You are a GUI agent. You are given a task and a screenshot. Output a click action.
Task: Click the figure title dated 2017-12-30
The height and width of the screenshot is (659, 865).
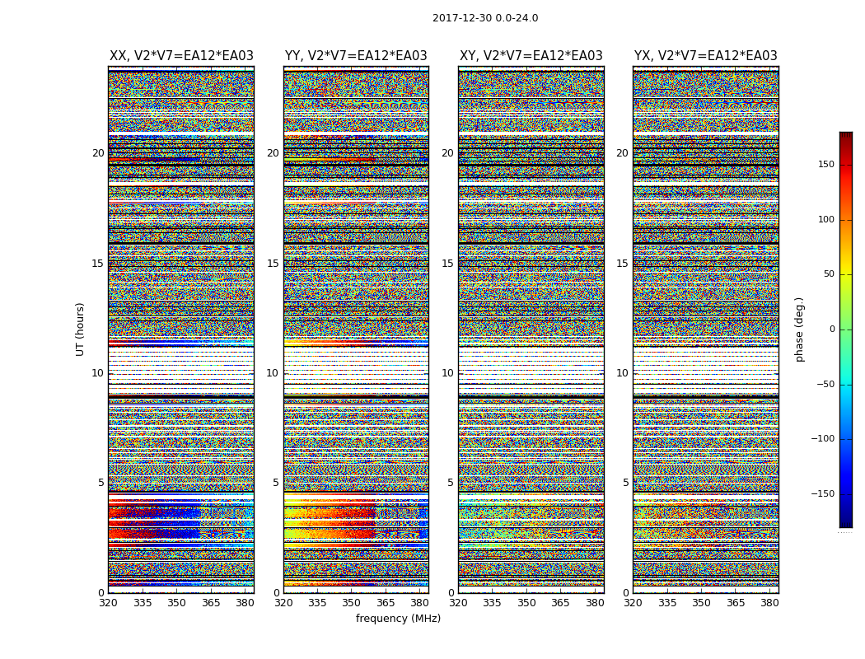coord(485,18)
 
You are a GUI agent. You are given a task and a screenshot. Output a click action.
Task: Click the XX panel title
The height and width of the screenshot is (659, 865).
coord(181,56)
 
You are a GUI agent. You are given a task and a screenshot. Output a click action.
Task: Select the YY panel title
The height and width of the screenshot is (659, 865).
coord(356,56)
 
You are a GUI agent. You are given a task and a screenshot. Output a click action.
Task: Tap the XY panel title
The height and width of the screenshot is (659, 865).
coord(531,56)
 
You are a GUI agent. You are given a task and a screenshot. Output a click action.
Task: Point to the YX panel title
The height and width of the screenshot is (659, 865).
coord(706,56)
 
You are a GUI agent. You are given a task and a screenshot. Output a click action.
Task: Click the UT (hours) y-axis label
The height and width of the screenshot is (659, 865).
coord(80,329)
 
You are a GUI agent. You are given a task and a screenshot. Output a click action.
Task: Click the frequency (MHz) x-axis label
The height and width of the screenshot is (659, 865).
coord(398,619)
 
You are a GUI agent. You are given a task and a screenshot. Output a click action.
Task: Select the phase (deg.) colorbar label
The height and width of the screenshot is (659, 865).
coord(799,329)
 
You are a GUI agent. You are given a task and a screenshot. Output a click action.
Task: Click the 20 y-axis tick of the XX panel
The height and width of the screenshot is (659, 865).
coord(98,153)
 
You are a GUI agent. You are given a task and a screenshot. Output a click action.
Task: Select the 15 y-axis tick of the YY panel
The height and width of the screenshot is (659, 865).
coord(273,264)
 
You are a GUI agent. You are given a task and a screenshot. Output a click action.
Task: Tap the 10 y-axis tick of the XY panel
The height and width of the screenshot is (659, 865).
coord(447,373)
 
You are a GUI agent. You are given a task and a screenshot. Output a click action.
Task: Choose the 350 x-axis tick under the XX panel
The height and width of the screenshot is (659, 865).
coord(176,603)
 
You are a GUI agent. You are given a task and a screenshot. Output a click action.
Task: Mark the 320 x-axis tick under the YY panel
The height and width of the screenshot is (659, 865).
coord(283,603)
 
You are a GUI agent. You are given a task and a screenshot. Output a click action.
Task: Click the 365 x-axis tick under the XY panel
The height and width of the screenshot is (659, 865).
coord(560,603)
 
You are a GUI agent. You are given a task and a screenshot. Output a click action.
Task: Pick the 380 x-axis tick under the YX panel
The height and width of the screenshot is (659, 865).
coord(769,603)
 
